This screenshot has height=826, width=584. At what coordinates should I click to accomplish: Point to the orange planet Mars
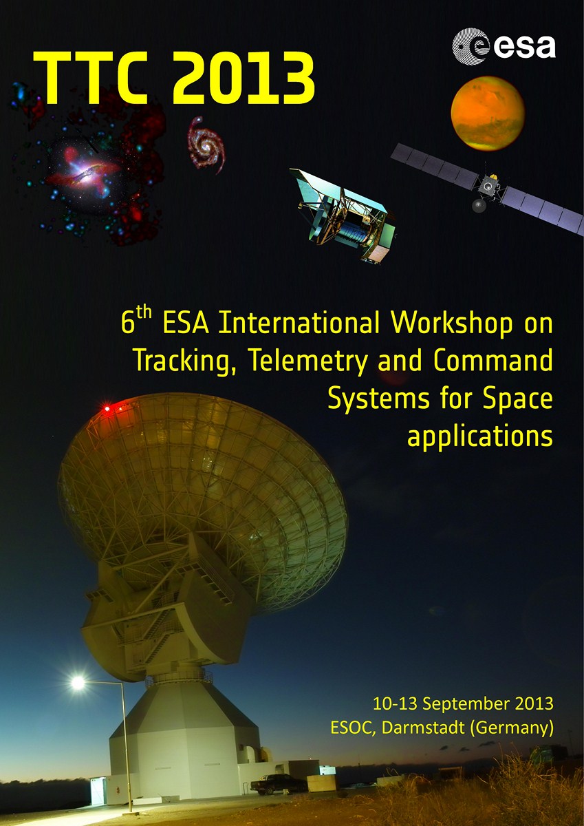click(x=488, y=112)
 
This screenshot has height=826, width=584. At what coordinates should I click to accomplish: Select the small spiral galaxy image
click(x=204, y=143)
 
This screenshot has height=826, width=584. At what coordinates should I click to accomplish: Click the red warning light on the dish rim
click(x=107, y=410)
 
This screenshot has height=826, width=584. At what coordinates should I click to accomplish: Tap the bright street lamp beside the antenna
click(x=78, y=683)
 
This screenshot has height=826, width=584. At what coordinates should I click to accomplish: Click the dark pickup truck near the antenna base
click(x=278, y=784)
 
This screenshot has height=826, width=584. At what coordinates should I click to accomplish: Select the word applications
click(x=480, y=436)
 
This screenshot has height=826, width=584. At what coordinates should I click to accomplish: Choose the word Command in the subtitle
click(x=493, y=361)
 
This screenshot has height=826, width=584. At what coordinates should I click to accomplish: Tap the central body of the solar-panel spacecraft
click(x=488, y=184)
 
